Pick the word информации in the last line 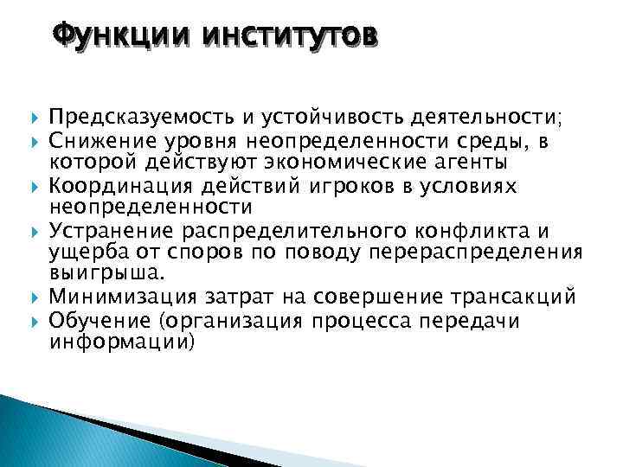pos(120,342)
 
